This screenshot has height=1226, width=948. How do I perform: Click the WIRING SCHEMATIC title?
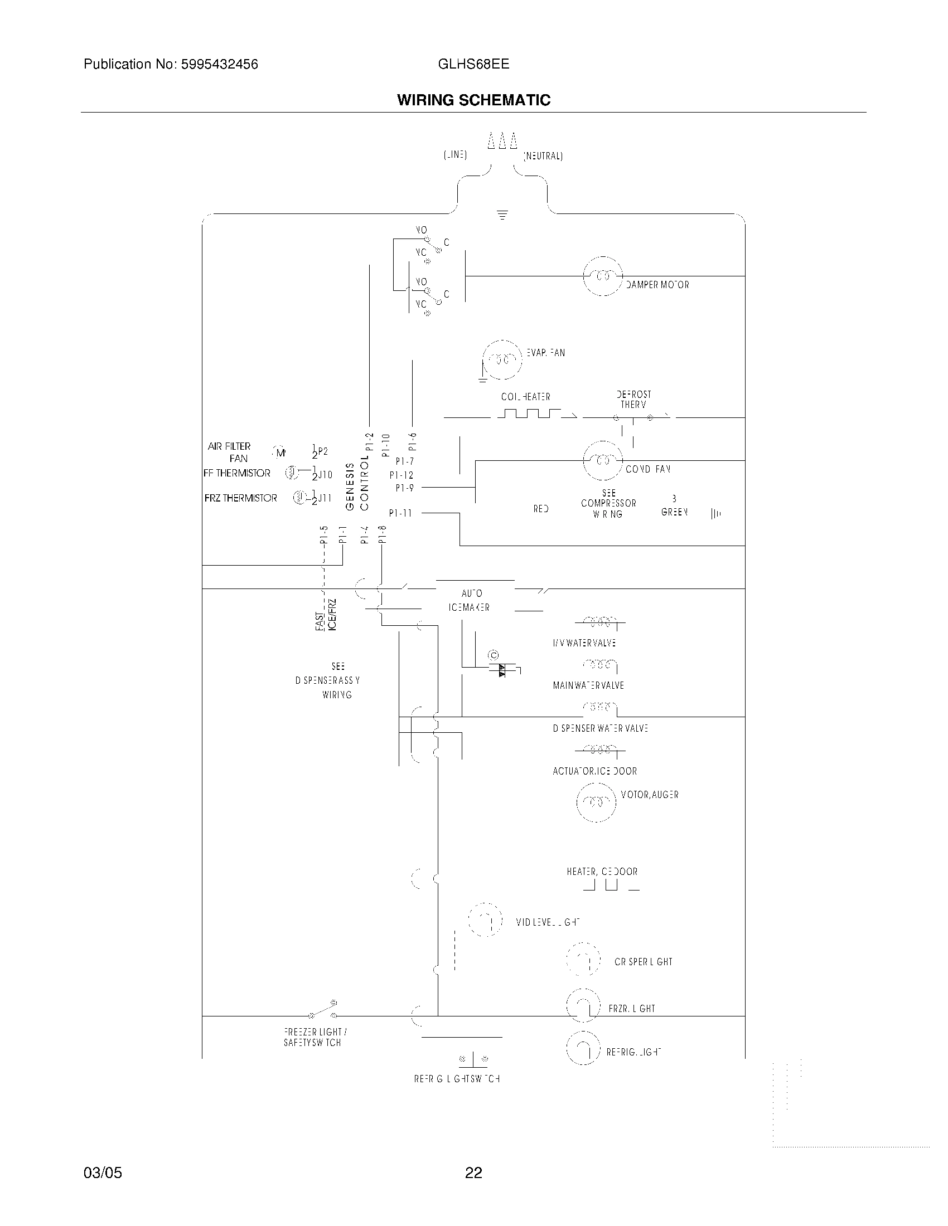click(x=473, y=100)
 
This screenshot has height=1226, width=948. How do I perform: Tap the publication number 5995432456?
click(x=219, y=65)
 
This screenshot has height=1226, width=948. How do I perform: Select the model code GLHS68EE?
click(x=473, y=64)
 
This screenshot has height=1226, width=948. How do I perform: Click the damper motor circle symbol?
click(x=603, y=276)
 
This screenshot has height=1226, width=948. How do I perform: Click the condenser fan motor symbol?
click(x=603, y=461)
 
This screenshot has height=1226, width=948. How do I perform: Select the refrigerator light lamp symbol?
click(x=583, y=1049)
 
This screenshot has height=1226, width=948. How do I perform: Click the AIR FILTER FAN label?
click(x=230, y=452)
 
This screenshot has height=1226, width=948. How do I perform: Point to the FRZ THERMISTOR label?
click(x=240, y=498)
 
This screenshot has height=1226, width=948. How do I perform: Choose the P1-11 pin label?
click(x=400, y=513)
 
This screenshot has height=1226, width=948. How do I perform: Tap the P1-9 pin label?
click(x=404, y=488)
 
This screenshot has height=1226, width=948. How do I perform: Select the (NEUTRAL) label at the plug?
click(x=543, y=156)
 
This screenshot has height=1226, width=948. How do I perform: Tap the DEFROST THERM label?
click(x=633, y=399)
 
